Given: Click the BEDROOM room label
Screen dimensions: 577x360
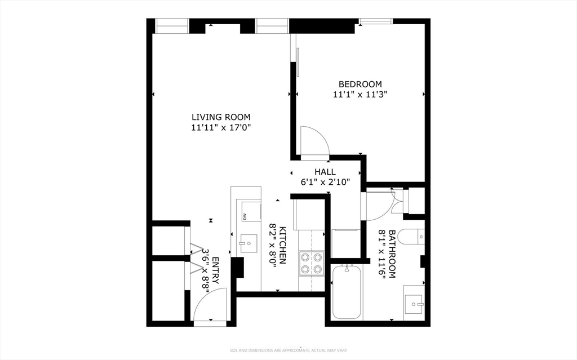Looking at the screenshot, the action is [360, 84].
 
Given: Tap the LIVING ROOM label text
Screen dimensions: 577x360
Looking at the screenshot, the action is [221, 117].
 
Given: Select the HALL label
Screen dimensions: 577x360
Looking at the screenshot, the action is [325, 172].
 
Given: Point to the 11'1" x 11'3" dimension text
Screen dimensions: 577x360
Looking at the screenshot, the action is [360, 95].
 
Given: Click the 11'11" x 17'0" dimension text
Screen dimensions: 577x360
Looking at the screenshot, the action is [221, 128].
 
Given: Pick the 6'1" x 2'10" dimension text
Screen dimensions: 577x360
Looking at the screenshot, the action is [325, 182].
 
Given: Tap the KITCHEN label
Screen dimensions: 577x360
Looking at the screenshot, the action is [283, 245].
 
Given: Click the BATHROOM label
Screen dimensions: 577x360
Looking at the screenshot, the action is [392, 254].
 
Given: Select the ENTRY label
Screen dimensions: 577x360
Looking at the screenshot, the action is [215, 270].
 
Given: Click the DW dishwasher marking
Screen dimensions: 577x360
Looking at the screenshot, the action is [244, 216].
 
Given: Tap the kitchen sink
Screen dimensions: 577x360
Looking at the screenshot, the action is [248, 243].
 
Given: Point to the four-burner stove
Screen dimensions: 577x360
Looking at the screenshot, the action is [312, 263].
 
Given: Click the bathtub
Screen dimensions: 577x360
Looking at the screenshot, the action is [347, 292].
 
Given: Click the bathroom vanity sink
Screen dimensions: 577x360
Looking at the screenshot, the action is [414, 304].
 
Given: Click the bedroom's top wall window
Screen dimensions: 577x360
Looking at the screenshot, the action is [375, 21].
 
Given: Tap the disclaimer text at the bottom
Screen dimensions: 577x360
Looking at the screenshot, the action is [288, 350].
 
